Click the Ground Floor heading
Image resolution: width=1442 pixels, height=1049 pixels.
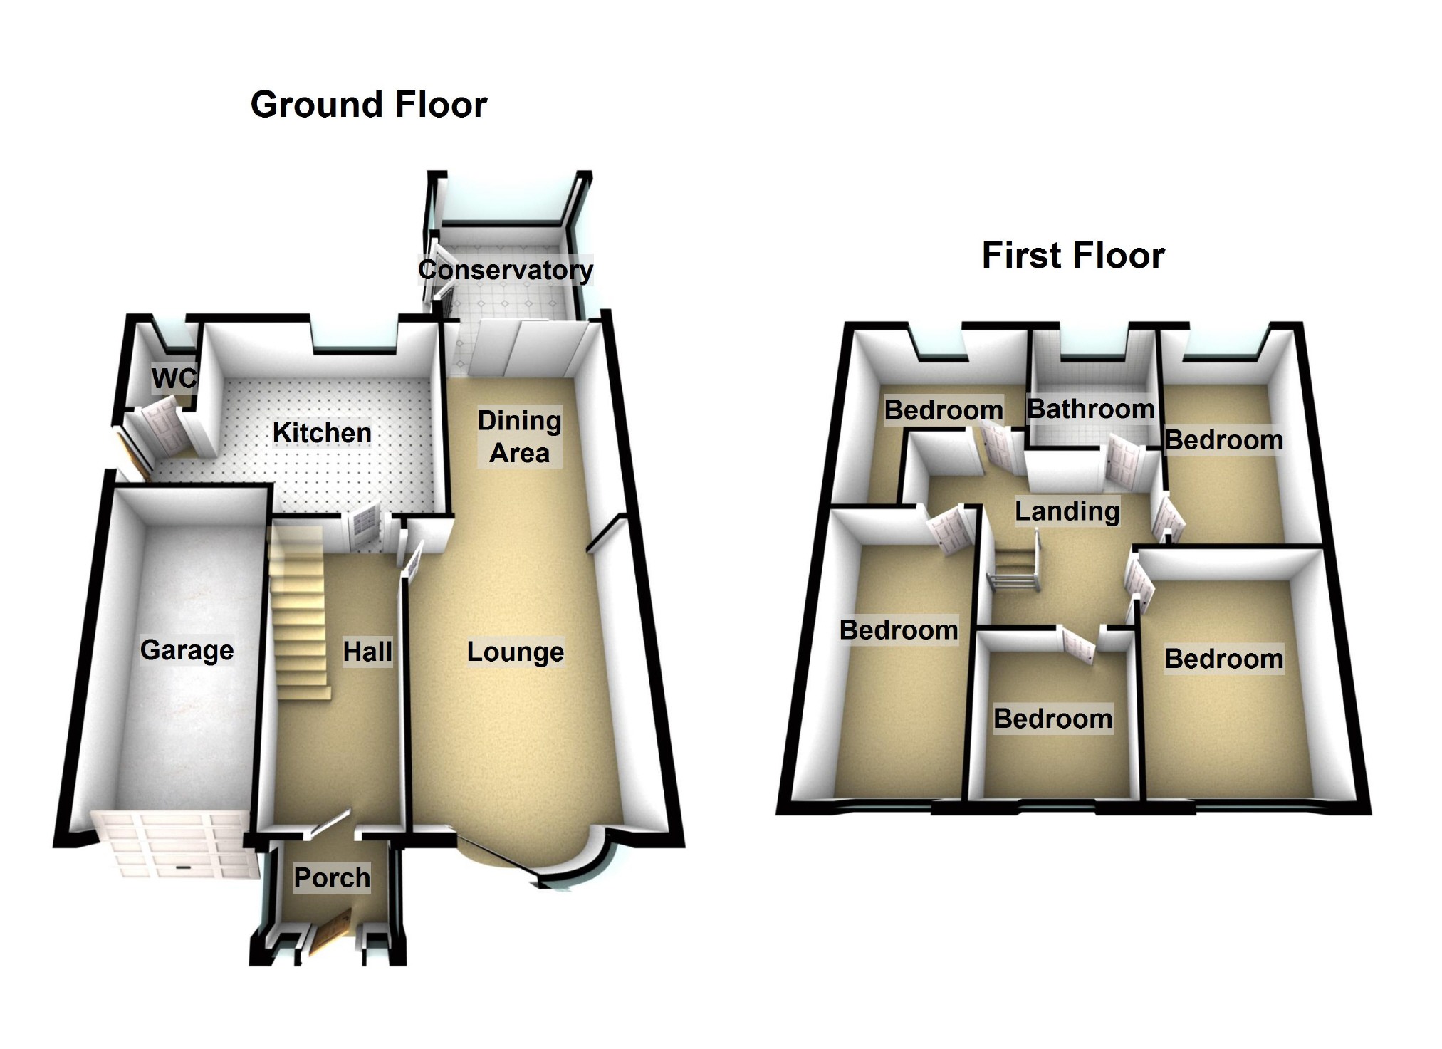(x=368, y=105)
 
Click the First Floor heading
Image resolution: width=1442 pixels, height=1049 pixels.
(x=1072, y=255)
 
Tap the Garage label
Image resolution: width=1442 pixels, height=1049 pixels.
(x=187, y=649)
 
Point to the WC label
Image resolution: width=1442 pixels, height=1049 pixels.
(x=173, y=378)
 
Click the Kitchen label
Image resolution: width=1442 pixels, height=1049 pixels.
(x=322, y=432)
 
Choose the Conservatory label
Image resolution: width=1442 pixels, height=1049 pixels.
(x=505, y=269)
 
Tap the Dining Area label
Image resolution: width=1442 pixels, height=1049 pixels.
(x=519, y=437)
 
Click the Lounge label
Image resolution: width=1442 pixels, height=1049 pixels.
(x=516, y=652)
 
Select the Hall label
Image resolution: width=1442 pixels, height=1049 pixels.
(x=367, y=651)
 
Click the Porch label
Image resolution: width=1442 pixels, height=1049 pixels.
(x=332, y=877)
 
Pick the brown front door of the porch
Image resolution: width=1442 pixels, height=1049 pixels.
(x=329, y=934)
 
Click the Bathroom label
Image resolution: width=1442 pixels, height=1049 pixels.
(x=1090, y=409)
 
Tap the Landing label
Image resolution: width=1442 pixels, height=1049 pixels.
(x=1067, y=511)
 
